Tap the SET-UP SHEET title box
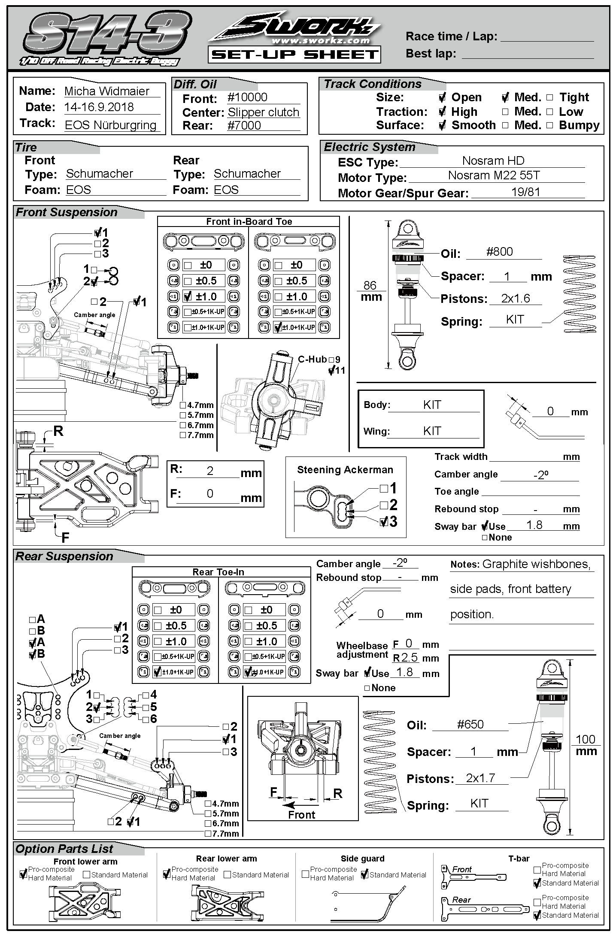pyautogui.click(x=294, y=54)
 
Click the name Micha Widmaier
pyautogui.click(x=106, y=91)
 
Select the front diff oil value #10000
pyautogui.click(x=247, y=97)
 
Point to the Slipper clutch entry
pyautogui.click(x=263, y=112)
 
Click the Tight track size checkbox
pyautogui.click(x=550, y=97)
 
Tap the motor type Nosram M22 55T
pyautogui.click(x=494, y=175)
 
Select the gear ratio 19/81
pyautogui.click(x=525, y=192)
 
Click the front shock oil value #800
pyautogui.click(x=499, y=252)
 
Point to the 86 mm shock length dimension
pyautogui.click(x=370, y=291)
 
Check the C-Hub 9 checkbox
pyautogui.click(x=331, y=360)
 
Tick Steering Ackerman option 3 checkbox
pyautogui.click(x=384, y=522)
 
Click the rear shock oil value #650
pyautogui.click(x=470, y=725)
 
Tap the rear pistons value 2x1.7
pyautogui.click(x=480, y=778)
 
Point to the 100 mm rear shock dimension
pyautogui.click(x=586, y=745)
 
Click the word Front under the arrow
pyautogui.click(x=301, y=815)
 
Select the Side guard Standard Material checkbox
pyautogui.click(x=364, y=874)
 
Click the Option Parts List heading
pyautogui.click(x=64, y=849)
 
